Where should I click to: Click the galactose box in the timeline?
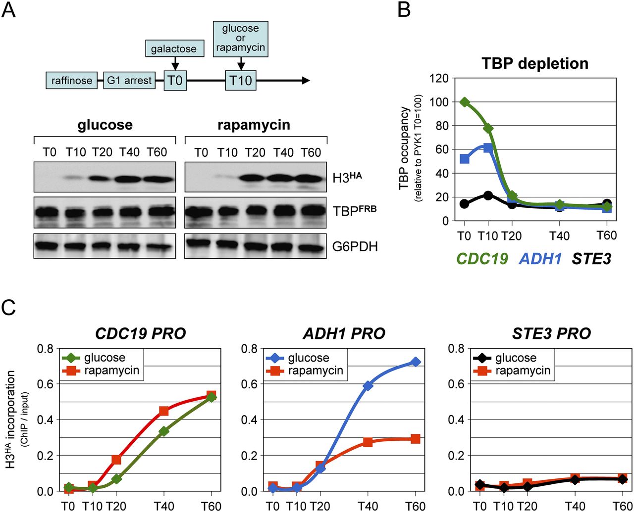pyautogui.click(x=174, y=49)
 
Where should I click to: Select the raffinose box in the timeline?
pyautogui.click(x=72, y=80)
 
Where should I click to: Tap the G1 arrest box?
pyautogui.click(x=129, y=80)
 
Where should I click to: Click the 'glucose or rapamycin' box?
pyautogui.click(x=240, y=38)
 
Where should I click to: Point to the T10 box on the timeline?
pyautogui.click(x=241, y=80)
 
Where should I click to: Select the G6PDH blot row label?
pyautogui.click(x=356, y=246)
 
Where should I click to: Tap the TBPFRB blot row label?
pyautogui.click(x=355, y=211)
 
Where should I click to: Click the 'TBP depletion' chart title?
pyautogui.click(x=534, y=64)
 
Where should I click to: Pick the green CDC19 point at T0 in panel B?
pyautogui.click(x=465, y=102)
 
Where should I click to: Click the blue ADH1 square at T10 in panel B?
pyautogui.click(x=488, y=147)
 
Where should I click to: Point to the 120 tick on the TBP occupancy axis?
pyautogui.click(x=440, y=78)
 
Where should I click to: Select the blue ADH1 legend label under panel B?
pyautogui.click(x=540, y=258)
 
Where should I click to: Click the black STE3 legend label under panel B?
pyautogui.click(x=591, y=258)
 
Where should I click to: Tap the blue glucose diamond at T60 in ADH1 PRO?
pyautogui.click(x=415, y=362)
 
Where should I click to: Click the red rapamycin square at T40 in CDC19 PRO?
pyautogui.click(x=164, y=411)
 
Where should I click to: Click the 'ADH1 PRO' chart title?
pyautogui.click(x=344, y=333)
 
